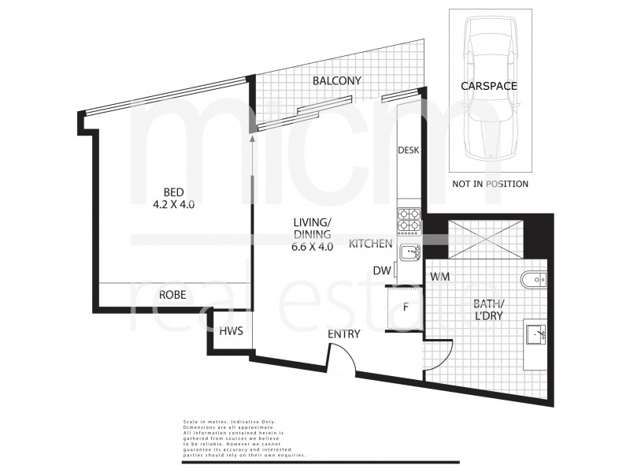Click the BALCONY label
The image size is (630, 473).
pyautogui.click(x=336, y=80)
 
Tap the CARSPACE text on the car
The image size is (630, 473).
pyautogui.click(x=489, y=86)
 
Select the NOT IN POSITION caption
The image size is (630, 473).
pyautogui.click(x=490, y=184)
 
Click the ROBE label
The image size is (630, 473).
pyautogui.click(x=172, y=295)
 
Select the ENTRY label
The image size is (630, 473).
pyautogui.click(x=344, y=334)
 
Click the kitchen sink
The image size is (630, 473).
pyautogui.click(x=409, y=252)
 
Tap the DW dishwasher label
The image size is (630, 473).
pyautogui.click(x=381, y=270)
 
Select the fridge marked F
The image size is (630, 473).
pyautogui.click(x=405, y=307)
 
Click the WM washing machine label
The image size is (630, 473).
pyautogui.click(x=439, y=277)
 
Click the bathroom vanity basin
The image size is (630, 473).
pyautogui.click(x=537, y=335)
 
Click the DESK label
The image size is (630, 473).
pyautogui.click(x=407, y=150)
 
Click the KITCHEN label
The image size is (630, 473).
pyautogui.click(x=371, y=244)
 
